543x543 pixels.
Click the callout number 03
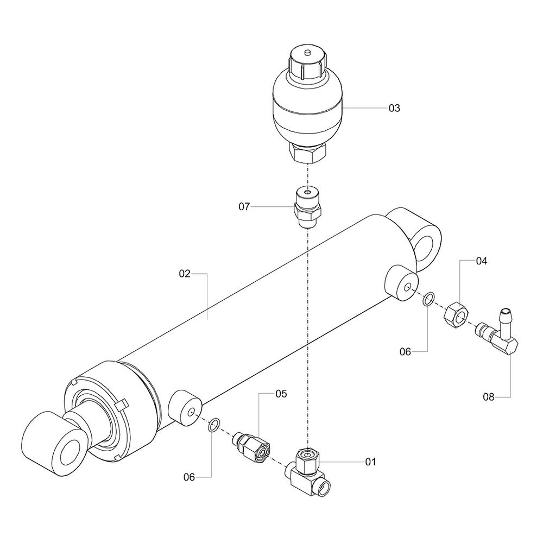[x=394, y=108]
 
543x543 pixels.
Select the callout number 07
[x=244, y=206]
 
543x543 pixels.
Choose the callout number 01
[x=370, y=462]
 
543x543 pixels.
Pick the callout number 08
[x=489, y=397]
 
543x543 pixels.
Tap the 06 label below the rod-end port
[x=189, y=477]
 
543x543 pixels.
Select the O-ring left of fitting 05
[x=214, y=425]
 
